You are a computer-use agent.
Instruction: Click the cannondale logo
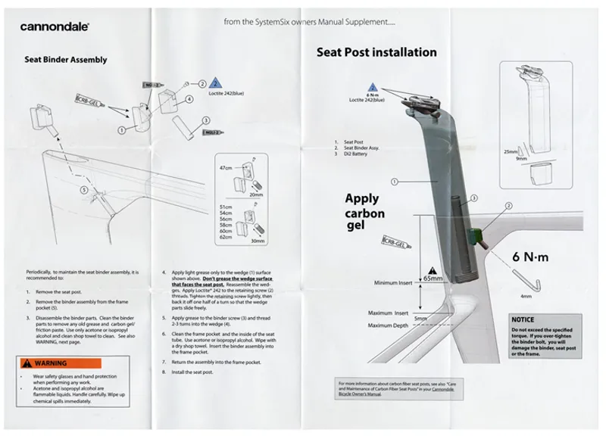(55, 27)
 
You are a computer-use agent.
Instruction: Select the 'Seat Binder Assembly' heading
(66, 59)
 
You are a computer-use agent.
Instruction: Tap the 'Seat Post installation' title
(376, 52)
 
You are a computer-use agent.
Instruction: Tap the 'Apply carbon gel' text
(364, 213)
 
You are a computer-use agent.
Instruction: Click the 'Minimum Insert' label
(394, 284)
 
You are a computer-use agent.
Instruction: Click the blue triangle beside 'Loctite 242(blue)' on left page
(214, 84)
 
